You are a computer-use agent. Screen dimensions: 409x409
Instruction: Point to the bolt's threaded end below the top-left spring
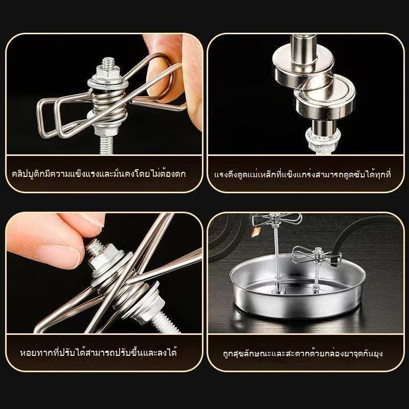click(x=106, y=145)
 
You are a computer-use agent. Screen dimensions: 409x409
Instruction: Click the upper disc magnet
click(x=303, y=66)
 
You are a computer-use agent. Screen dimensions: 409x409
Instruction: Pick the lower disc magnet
click(x=325, y=98)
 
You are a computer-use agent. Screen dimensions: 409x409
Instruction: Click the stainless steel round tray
click(x=298, y=287)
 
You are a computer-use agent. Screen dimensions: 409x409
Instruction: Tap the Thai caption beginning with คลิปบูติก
click(x=99, y=174)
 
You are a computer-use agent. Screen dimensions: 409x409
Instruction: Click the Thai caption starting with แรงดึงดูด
click(x=303, y=174)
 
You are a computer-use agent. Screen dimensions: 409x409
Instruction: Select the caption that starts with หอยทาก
click(x=99, y=353)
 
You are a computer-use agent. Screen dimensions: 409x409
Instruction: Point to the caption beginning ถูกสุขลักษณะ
click(x=303, y=353)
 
